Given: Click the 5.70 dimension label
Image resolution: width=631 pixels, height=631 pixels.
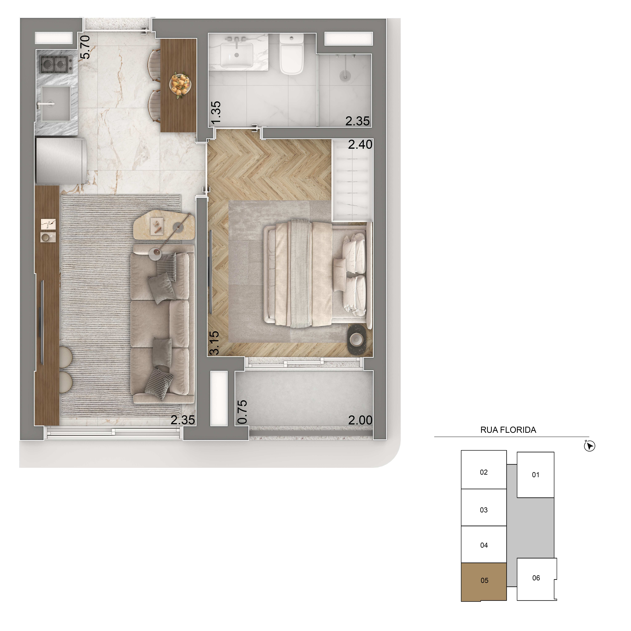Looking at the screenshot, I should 85,47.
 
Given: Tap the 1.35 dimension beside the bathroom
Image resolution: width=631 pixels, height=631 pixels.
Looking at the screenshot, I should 216,113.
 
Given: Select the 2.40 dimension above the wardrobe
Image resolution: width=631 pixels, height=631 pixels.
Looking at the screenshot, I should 360,144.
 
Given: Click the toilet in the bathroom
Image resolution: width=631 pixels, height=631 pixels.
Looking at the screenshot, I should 292,55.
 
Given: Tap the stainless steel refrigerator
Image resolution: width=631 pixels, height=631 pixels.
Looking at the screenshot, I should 60,161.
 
